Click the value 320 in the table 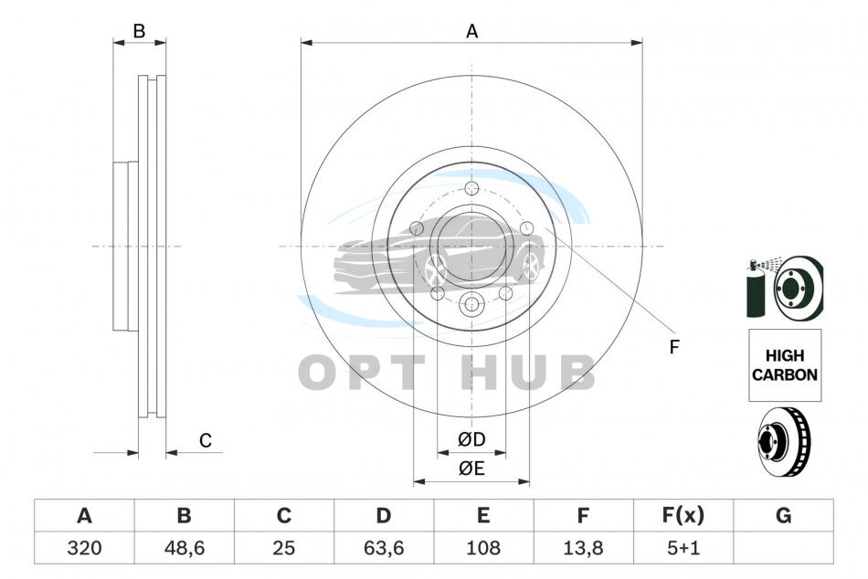84,548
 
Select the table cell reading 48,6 185,548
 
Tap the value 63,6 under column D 384,548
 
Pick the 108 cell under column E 483,548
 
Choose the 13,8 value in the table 583,548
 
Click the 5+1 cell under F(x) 683,548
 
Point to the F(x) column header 683,515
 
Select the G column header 783,515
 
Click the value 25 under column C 284,548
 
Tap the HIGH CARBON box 785,365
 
